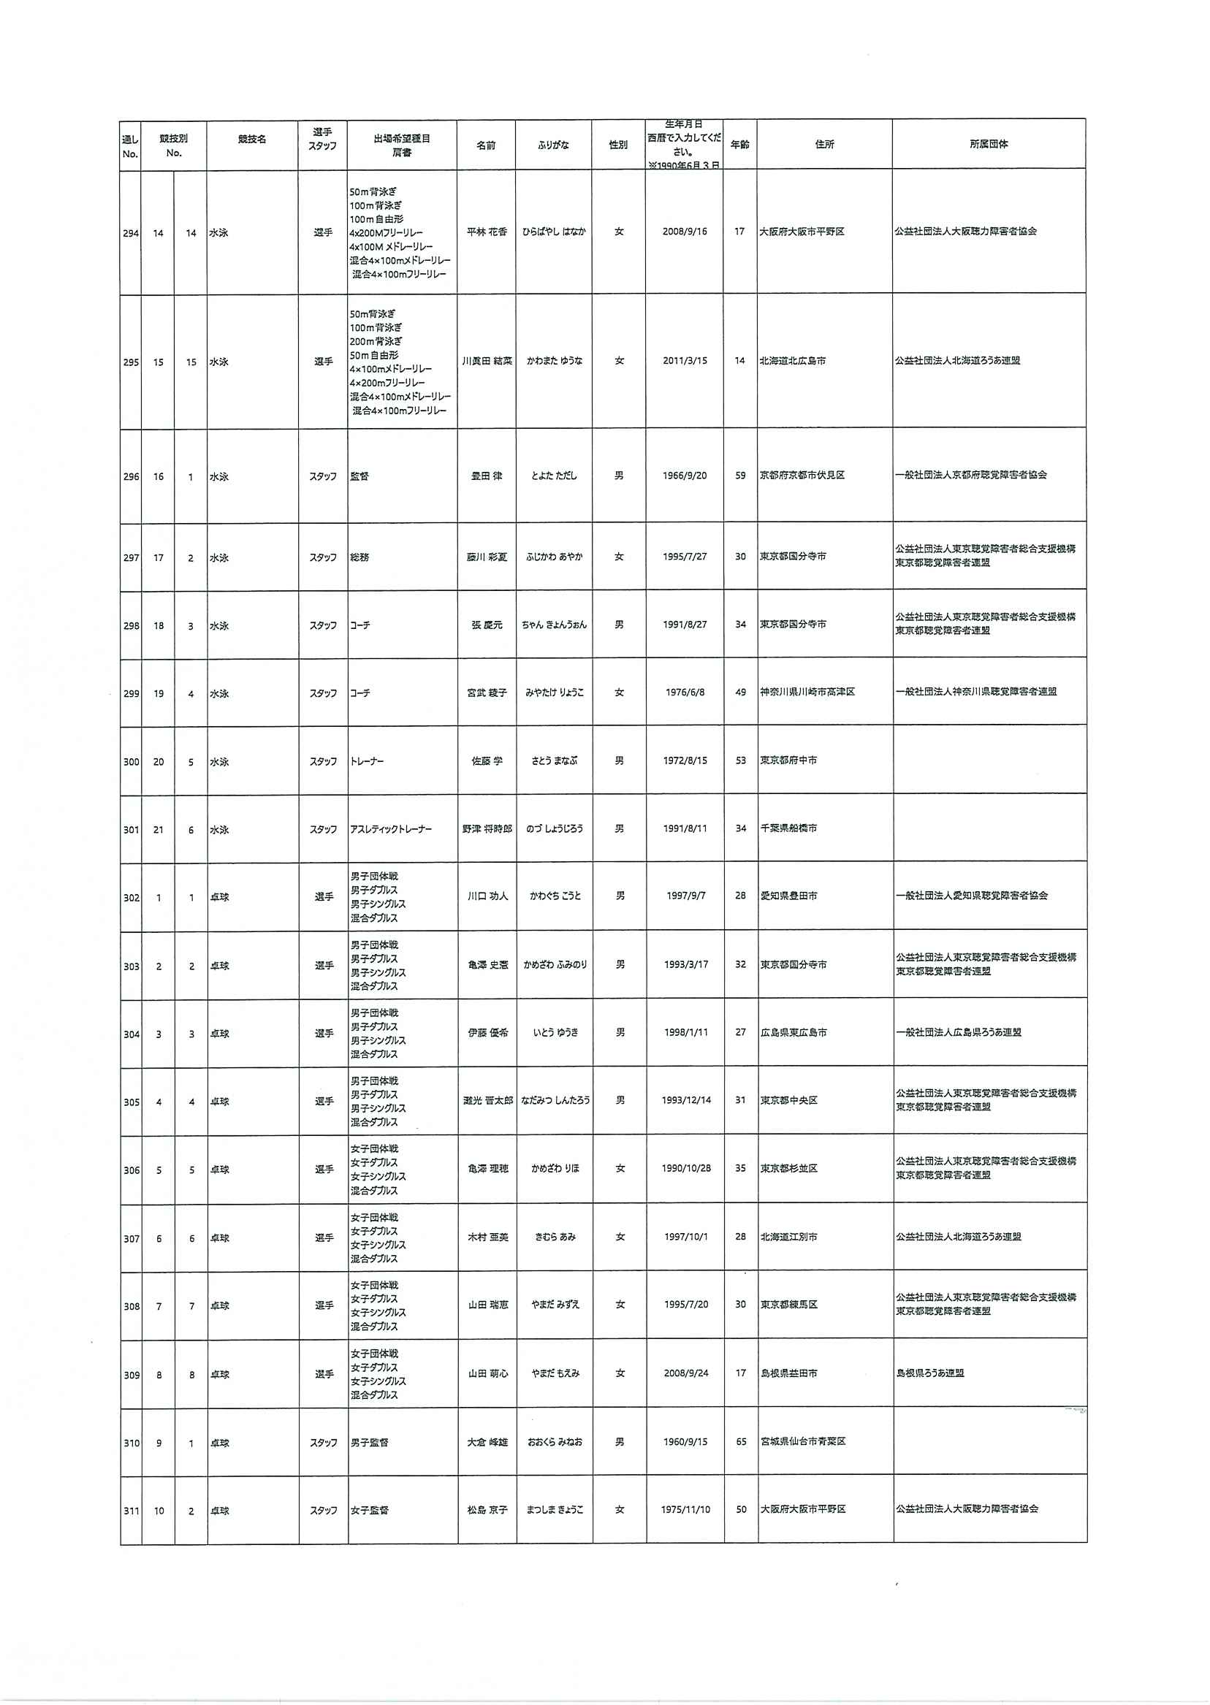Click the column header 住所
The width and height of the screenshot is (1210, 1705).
point(824,145)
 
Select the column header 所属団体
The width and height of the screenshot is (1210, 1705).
point(989,145)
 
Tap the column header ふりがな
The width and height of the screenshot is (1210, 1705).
point(553,145)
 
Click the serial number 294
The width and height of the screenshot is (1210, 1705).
point(131,233)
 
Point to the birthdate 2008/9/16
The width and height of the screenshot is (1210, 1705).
point(684,232)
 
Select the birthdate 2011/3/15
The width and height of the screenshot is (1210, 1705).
point(685,361)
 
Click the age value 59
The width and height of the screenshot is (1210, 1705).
point(741,476)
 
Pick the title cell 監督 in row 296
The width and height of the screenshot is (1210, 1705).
point(360,476)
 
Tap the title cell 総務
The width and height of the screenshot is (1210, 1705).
point(360,557)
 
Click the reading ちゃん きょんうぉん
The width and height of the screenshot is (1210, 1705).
point(554,625)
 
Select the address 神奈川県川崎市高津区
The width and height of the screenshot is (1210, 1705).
point(807,692)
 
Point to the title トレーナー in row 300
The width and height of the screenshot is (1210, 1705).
point(368,761)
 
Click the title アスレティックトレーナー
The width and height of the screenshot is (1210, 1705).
point(390,829)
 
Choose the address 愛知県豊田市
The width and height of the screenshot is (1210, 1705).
point(788,896)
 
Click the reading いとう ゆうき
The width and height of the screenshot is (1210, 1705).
point(555,1032)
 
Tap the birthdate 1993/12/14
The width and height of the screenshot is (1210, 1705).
point(685,1100)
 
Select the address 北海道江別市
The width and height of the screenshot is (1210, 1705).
point(788,1237)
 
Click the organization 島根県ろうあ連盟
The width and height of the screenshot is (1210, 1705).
point(930,1373)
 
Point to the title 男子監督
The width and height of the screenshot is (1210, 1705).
point(370,1442)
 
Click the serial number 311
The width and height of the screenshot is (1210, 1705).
point(132,1511)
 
